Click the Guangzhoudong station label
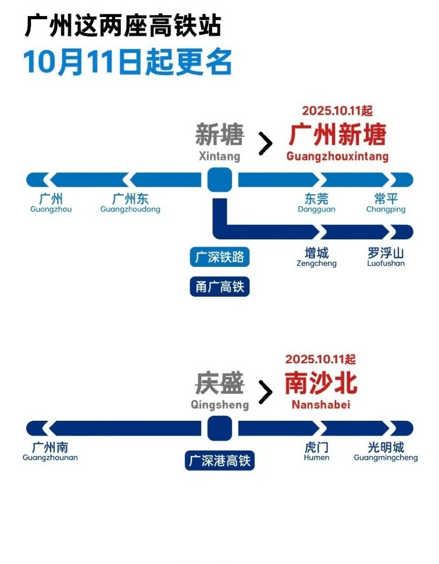130,203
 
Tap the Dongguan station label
316,203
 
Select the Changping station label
385,203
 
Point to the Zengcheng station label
316,257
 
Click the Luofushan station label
385,257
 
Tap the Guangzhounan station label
50,451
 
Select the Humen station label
316,451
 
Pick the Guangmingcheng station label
385,451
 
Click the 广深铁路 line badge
219,258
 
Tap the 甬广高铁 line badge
219,287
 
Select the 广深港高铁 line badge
219,461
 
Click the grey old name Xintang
219,142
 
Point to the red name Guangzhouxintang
337,142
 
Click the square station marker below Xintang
219,179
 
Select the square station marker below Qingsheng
219,428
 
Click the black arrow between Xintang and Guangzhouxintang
265,144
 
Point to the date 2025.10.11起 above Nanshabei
320,359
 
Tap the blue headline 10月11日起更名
128,62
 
